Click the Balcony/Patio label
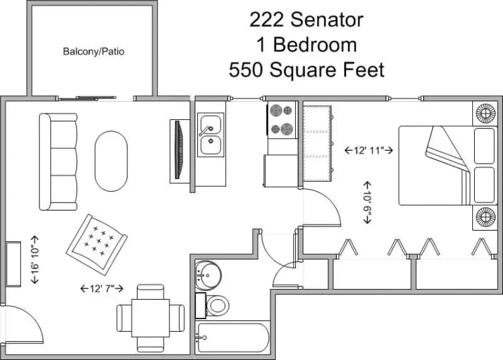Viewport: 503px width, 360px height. pos(94,51)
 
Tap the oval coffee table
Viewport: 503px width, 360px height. pos(111,160)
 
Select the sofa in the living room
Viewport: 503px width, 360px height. pos(58,161)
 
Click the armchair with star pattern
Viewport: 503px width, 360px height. pos(97,244)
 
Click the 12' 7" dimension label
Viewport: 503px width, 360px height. pos(101,288)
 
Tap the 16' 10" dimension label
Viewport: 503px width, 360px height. pos(35,259)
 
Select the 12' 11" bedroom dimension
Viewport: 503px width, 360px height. pos(368,150)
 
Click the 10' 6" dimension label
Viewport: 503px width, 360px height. pos(367,201)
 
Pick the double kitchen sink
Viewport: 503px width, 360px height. pos(211,135)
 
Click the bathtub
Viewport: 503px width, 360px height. pos(232,337)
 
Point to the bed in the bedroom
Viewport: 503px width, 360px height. pos(448,165)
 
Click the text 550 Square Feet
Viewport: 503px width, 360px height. pos(306,70)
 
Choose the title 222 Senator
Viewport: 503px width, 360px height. pos(306,19)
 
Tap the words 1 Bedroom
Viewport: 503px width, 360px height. pos(306,45)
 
